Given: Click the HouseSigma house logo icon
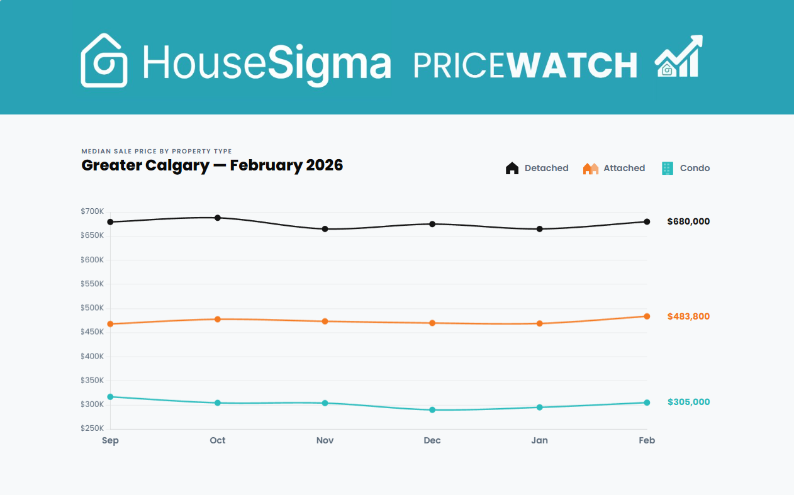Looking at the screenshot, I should click(x=104, y=60).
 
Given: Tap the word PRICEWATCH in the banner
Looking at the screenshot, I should click(x=525, y=64).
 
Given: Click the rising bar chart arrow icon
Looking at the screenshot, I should click(x=678, y=57).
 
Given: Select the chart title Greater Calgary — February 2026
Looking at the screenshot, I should click(x=212, y=165).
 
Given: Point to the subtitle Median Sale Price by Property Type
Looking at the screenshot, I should click(x=157, y=151).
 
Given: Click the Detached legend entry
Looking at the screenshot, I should click(x=537, y=168).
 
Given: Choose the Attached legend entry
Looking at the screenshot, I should click(x=614, y=168).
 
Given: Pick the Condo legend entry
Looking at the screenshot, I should click(x=686, y=168).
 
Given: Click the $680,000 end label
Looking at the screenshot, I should click(x=688, y=221).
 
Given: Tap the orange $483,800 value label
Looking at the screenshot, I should click(x=688, y=316).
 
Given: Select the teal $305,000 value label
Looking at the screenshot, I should click(x=688, y=402).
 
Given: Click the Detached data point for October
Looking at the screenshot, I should click(x=218, y=218).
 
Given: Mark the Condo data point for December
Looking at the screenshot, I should click(x=432, y=410).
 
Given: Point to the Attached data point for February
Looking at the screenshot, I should click(x=647, y=316).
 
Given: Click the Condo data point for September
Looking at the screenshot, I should click(x=110, y=397).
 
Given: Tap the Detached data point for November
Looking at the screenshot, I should click(x=325, y=229).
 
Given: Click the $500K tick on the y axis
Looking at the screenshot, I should click(x=92, y=308).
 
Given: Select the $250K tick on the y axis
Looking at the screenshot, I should click(x=92, y=428).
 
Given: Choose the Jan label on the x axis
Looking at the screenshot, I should click(x=539, y=440).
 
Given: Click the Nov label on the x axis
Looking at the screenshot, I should click(x=325, y=440).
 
